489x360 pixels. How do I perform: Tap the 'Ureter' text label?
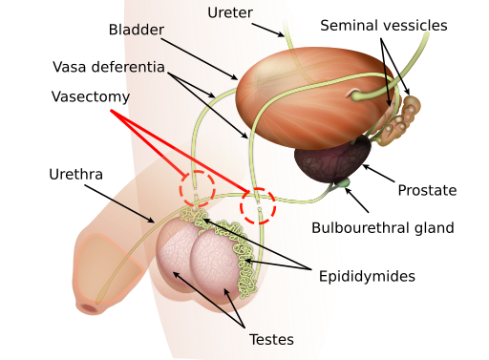(x=231, y=12)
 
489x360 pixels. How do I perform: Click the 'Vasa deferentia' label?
(x=109, y=68)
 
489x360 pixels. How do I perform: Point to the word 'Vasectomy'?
(x=90, y=97)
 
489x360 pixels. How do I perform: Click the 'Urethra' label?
(x=75, y=175)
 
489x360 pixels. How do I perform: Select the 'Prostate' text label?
(x=427, y=191)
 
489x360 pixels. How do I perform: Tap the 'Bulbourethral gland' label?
(x=383, y=228)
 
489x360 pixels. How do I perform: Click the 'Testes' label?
(x=271, y=338)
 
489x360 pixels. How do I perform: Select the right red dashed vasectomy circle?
(x=257, y=205)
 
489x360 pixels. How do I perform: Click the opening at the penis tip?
(x=91, y=307)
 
